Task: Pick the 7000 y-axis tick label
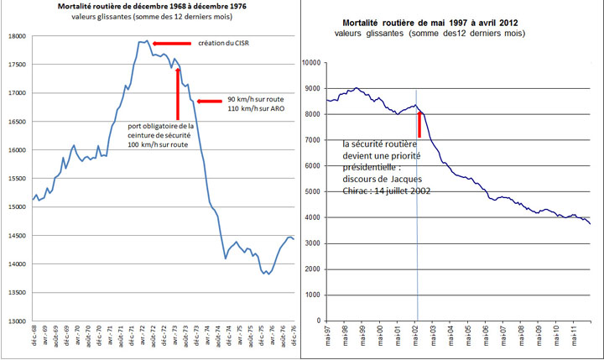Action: (x=315, y=139)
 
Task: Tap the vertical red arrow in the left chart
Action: (x=178, y=95)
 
